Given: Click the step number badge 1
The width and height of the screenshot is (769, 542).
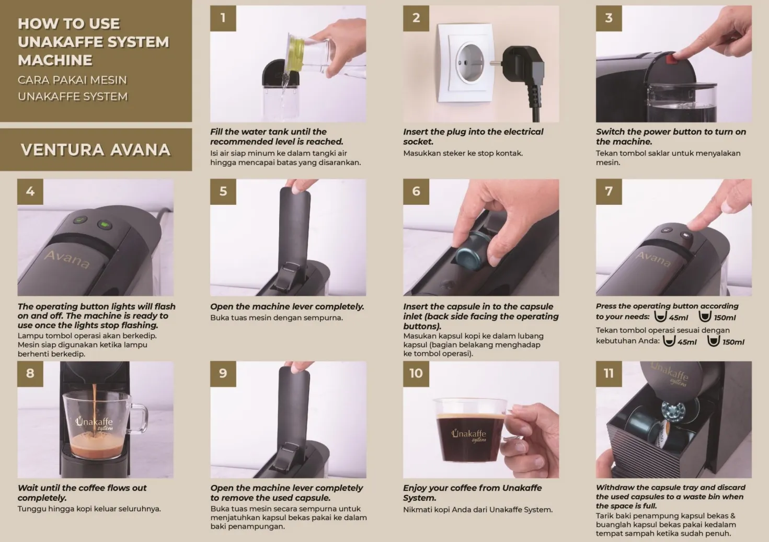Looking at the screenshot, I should pyautogui.click(x=223, y=18).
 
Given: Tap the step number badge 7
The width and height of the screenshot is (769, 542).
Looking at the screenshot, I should pyautogui.click(x=609, y=191).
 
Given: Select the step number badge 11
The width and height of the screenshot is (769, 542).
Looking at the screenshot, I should pyautogui.click(x=609, y=373).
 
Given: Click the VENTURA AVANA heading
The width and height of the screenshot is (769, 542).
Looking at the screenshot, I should pyautogui.click(x=96, y=150).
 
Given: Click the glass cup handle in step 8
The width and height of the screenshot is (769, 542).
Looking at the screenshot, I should pyautogui.click(x=137, y=418).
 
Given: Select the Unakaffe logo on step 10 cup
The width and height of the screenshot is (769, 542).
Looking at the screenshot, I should pyautogui.click(x=469, y=435).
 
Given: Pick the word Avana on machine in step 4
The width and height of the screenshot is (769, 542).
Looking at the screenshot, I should pyautogui.click(x=67, y=259).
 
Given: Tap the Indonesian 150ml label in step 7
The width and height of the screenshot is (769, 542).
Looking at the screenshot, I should pyautogui.click(x=733, y=342).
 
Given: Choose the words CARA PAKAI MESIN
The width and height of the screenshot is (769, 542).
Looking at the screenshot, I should pyautogui.click(x=72, y=80).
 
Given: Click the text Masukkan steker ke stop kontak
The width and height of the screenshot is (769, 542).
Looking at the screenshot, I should pyautogui.click(x=463, y=153).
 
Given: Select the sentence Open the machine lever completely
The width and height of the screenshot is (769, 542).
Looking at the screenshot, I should pyautogui.click(x=287, y=306).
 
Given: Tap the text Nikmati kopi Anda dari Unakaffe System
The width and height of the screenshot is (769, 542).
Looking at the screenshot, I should pyautogui.click(x=477, y=510).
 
